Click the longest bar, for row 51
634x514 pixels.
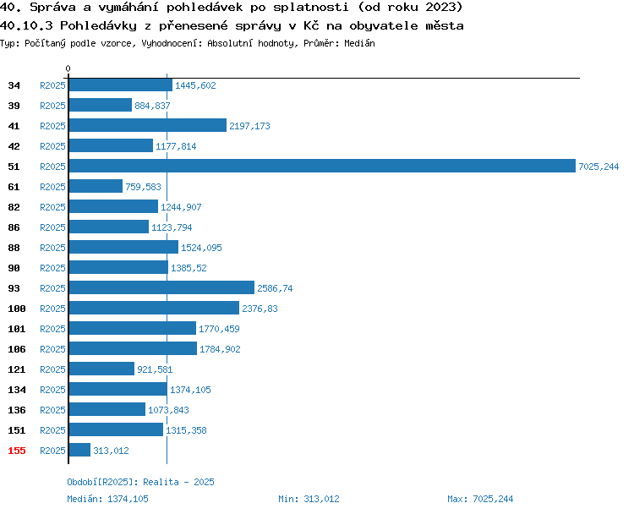click(322, 166)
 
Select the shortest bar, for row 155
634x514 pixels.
click(79, 450)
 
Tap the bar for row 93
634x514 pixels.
click(161, 287)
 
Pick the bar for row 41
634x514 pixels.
click(148, 125)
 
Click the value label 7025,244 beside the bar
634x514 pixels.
click(598, 167)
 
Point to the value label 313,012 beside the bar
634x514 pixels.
click(112, 451)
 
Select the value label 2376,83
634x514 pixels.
click(260, 309)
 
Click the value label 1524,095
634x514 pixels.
click(201, 248)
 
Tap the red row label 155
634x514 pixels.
click(17, 451)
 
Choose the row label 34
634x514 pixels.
click(14, 85)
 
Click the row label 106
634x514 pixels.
click(17, 349)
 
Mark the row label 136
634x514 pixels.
click(17, 410)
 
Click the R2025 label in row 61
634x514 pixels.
click(52, 187)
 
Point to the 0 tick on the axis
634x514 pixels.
click(68, 68)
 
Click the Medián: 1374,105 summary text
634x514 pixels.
click(107, 499)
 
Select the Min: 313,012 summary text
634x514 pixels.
click(309, 499)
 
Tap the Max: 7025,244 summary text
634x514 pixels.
click(480, 499)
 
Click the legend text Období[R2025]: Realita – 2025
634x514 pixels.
click(140, 482)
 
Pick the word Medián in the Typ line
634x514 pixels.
click(359, 43)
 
